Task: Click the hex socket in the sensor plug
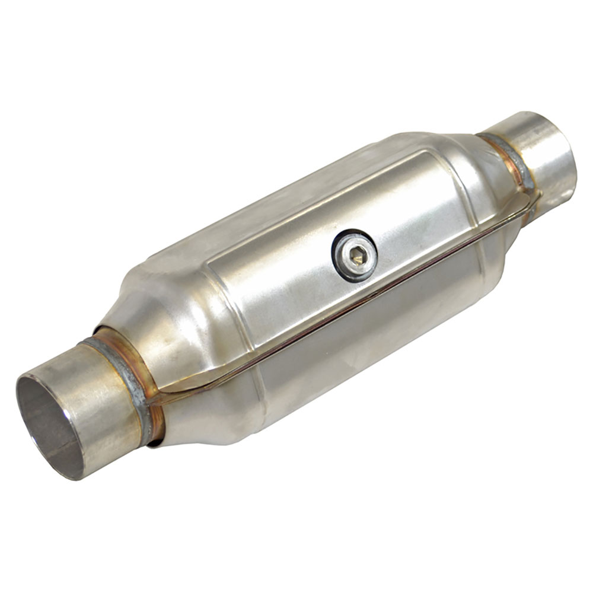[356, 256]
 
